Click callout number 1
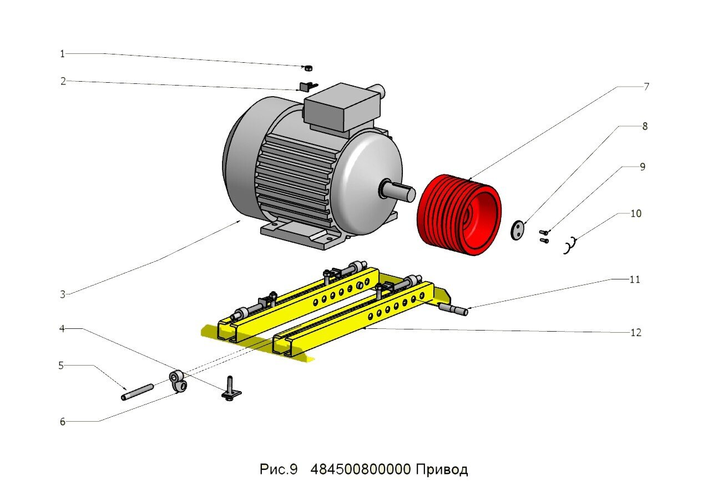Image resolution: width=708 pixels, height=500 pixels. (x=62, y=54)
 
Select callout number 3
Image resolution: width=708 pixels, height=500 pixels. (x=63, y=294)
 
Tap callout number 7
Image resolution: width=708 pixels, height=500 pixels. (x=646, y=87)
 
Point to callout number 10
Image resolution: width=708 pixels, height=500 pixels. (x=635, y=213)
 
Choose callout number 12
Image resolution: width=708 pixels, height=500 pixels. (x=636, y=333)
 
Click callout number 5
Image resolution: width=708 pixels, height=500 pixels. (x=61, y=366)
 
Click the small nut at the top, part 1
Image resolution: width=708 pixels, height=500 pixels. (x=309, y=68)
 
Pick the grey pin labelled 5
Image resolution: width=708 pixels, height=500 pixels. (x=137, y=391)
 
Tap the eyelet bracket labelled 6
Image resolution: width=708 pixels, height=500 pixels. (x=177, y=381)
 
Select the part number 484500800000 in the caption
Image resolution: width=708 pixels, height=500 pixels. (x=361, y=469)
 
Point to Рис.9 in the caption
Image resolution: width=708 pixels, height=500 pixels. (x=279, y=469)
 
